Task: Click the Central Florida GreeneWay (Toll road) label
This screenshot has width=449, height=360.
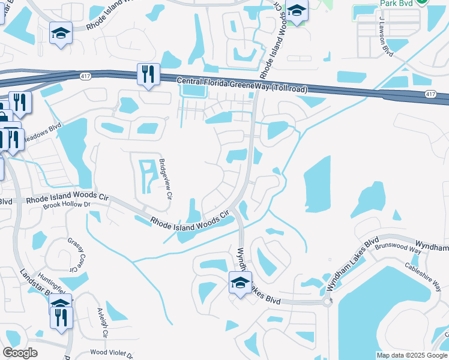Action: pos(242,85)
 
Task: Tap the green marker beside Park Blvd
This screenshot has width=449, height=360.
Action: pos(422,2)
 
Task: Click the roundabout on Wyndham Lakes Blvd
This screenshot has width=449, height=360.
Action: pos(328,302)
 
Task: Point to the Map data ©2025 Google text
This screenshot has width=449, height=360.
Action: pos(411,355)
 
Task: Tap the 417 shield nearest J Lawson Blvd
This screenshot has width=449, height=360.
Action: pos(430,95)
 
